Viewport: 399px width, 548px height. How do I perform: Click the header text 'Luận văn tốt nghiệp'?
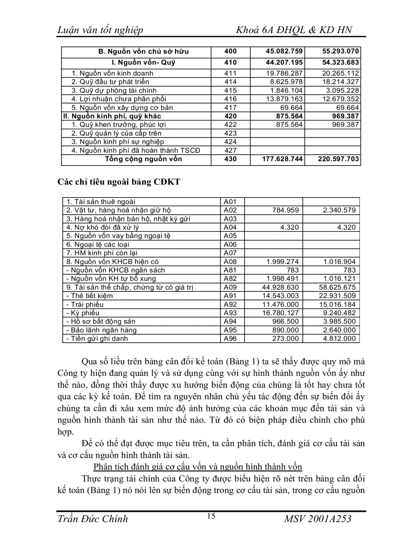(x=97, y=30)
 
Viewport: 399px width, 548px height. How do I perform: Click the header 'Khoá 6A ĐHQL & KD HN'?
(x=293, y=30)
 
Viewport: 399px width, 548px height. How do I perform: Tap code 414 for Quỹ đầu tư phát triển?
(x=230, y=82)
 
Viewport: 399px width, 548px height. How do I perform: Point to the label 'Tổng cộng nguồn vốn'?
(x=143, y=159)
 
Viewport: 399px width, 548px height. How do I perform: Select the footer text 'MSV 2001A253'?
(x=317, y=519)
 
